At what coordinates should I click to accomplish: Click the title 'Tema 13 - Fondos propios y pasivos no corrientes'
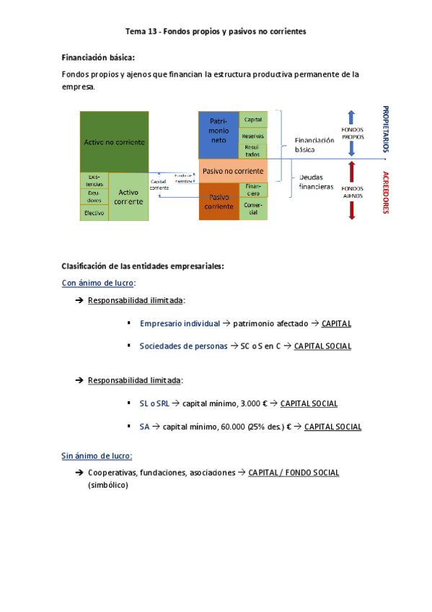216,32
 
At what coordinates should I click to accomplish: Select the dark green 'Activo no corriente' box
114,141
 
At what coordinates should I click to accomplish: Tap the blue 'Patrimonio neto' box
219,135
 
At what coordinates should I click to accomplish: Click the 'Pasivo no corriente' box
232,171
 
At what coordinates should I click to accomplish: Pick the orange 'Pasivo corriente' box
219,201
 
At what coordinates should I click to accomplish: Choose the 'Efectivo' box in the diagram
94,213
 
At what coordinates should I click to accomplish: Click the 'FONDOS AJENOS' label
353,193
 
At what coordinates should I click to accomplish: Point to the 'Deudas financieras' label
315,181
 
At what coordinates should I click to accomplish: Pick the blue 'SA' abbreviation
144,427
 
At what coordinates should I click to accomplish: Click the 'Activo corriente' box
128,196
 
